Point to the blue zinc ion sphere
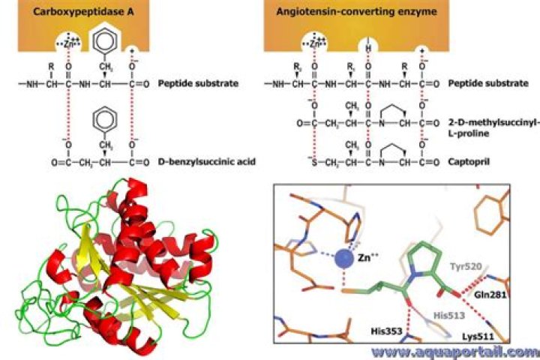click(x=344, y=260)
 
